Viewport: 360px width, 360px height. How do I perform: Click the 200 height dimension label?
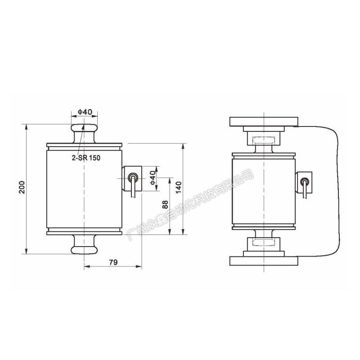click(x=22, y=187)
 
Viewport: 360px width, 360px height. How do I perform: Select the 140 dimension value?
click(x=178, y=187)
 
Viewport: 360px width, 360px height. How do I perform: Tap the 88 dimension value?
click(x=165, y=205)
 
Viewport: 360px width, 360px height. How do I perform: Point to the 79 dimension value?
click(x=113, y=262)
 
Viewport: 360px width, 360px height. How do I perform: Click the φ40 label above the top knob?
click(x=85, y=112)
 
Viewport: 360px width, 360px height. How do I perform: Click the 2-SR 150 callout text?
click(x=86, y=158)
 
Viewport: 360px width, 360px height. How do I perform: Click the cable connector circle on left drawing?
click(x=132, y=177)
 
